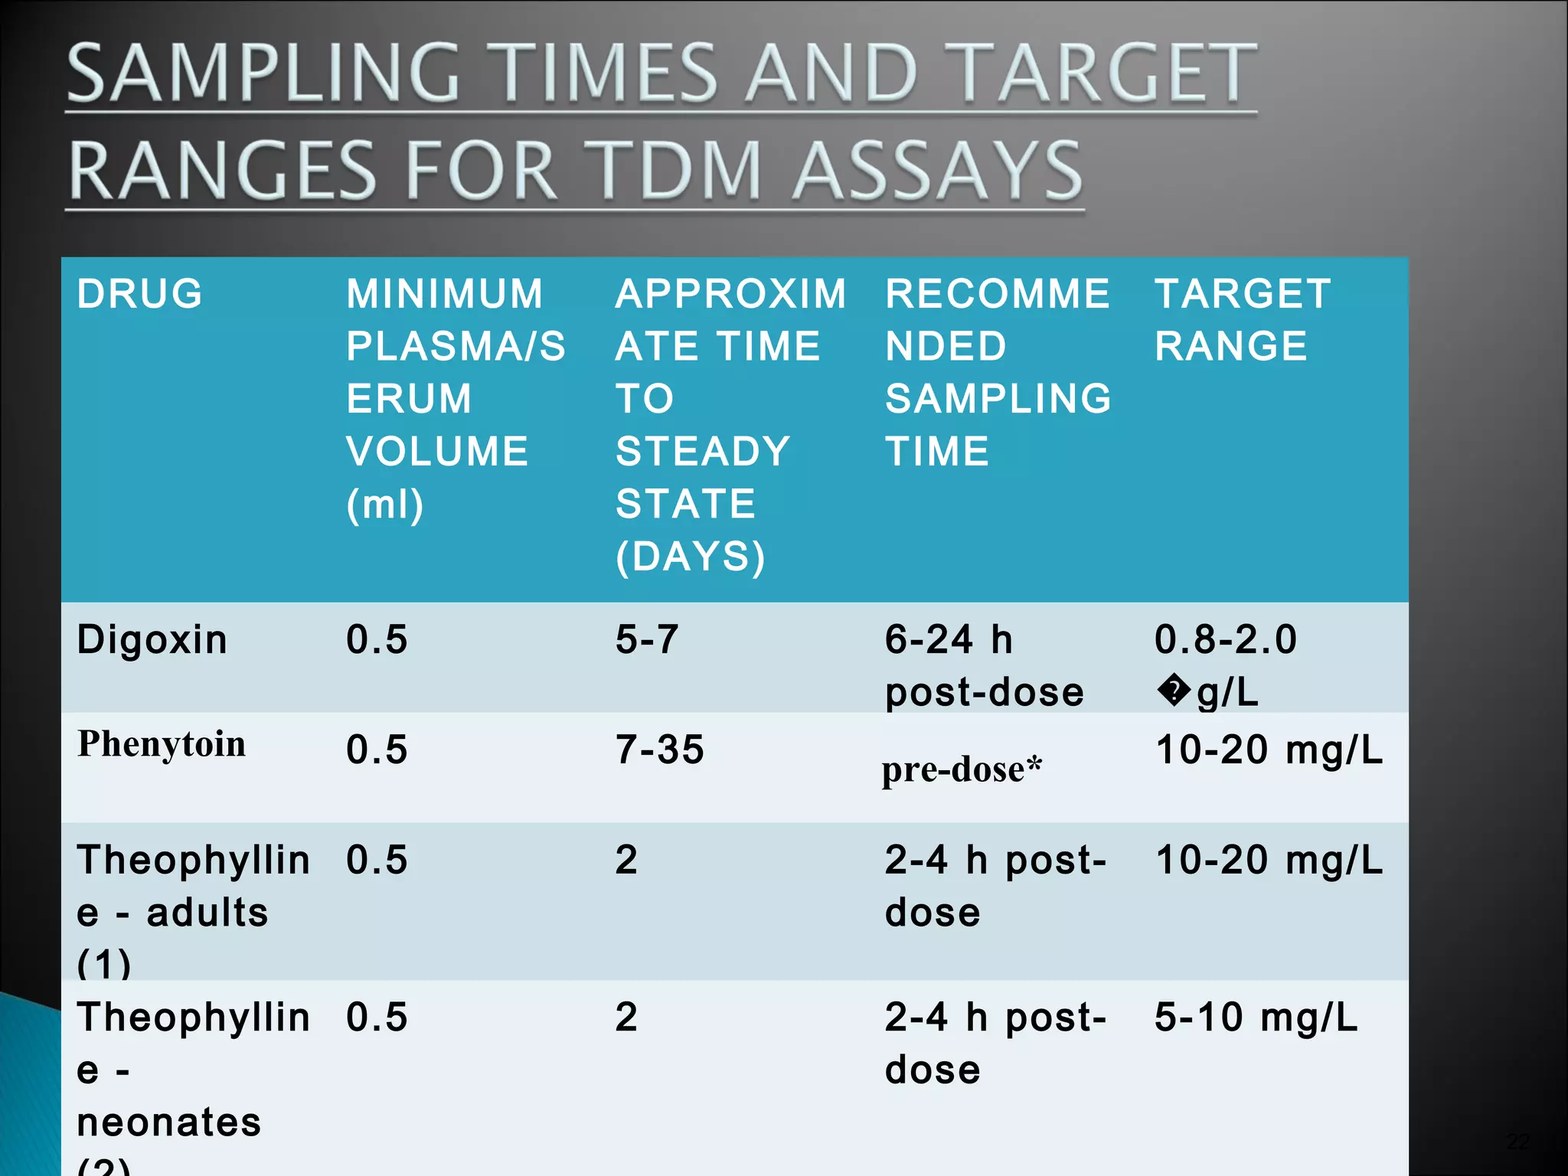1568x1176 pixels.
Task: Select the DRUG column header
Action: click(x=139, y=294)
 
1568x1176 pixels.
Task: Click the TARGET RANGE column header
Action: click(x=1242, y=320)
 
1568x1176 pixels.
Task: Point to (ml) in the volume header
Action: click(x=384, y=505)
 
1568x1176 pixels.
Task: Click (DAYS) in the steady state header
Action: click(x=690, y=557)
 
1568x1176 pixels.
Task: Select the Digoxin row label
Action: click(x=152, y=639)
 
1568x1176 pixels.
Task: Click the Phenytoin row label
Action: click(x=162, y=744)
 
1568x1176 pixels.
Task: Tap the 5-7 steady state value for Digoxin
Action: click(x=647, y=639)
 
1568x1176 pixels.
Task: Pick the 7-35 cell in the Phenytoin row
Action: click(x=659, y=750)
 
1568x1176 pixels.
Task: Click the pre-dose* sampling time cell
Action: click(x=962, y=769)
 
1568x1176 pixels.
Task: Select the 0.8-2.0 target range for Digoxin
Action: click(x=1225, y=639)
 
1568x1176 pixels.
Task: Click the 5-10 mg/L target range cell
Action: click(x=1256, y=1018)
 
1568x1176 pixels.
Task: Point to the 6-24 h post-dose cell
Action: click(x=984, y=665)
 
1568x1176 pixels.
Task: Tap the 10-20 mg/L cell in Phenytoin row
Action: click(x=1269, y=750)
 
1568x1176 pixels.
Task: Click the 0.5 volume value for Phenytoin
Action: click(x=377, y=750)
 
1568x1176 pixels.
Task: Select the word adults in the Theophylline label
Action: click(x=207, y=913)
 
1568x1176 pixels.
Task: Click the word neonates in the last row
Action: click(x=169, y=1122)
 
